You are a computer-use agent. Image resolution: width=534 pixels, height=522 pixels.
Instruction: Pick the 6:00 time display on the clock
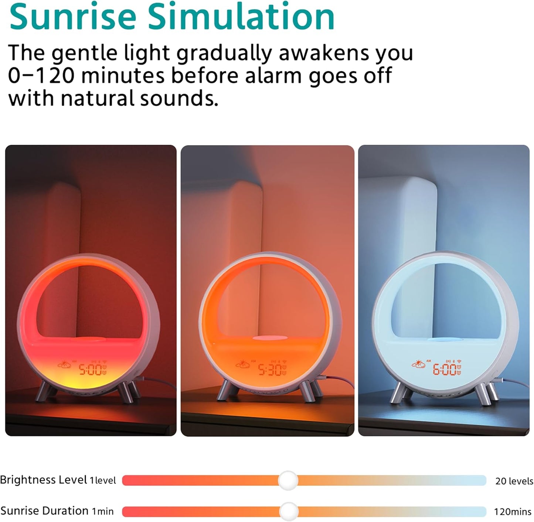445,369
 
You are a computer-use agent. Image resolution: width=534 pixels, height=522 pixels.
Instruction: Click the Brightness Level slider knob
288,480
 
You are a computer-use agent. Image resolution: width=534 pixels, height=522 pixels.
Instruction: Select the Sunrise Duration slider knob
289,511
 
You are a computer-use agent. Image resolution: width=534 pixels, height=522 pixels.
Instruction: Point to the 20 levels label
514,481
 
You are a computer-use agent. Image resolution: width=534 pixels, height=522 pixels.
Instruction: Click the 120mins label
513,512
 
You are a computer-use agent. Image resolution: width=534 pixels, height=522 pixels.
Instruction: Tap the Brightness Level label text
44,480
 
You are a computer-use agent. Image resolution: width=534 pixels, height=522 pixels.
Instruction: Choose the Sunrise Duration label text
44,511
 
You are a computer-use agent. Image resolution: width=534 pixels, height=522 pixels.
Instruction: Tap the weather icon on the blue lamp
418,365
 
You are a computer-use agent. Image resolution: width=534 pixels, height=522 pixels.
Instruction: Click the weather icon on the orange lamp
244,365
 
